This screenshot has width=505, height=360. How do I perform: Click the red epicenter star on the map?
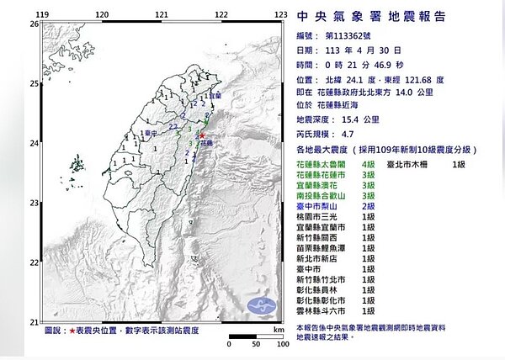(202, 135)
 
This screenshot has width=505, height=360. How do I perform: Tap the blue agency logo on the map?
(62, 40)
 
